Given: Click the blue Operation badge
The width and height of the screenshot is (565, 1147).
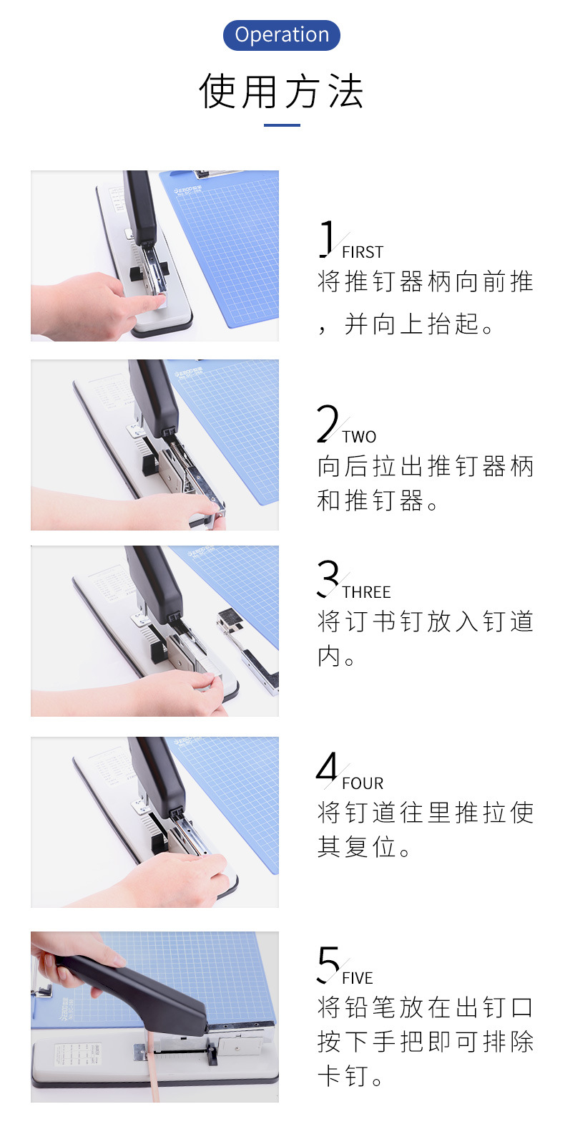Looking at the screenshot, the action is [282, 35].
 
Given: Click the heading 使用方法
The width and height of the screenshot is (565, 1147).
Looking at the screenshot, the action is [282, 91].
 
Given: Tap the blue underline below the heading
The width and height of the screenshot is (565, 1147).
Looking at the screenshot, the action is [282, 125].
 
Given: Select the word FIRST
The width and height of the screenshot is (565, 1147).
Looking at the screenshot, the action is [363, 253].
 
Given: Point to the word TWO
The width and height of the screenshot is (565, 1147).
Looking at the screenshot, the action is [359, 437].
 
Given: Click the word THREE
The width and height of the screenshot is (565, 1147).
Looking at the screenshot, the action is [366, 592].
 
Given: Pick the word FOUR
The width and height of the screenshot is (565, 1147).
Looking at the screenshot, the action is [363, 783].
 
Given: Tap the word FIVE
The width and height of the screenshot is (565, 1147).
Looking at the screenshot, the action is [358, 978].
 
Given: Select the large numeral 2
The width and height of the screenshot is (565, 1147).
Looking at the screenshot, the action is [328, 423].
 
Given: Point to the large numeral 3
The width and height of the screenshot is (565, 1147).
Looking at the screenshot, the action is [328, 579].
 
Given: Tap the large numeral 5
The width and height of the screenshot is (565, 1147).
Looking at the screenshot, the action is [328, 964].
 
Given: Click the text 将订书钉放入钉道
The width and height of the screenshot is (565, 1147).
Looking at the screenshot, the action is [426, 621].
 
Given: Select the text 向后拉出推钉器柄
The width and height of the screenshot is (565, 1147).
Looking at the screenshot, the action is [426, 467].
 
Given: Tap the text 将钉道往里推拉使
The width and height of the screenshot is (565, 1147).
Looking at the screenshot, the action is [426, 813].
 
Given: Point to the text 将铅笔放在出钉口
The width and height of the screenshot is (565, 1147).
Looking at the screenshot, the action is [426, 1007].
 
